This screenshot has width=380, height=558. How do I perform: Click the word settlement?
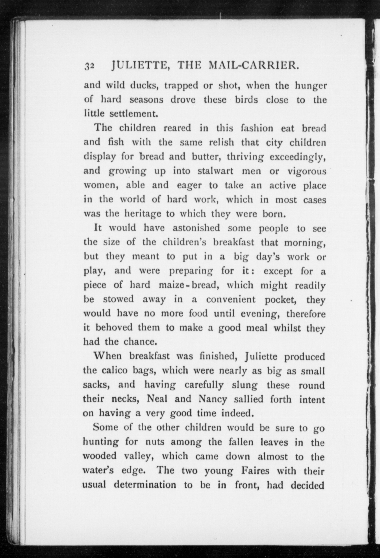pyautogui.click(x=134, y=114)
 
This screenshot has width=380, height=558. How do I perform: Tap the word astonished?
pyautogui.click(x=196, y=227)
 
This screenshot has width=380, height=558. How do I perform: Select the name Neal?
pyautogui.click(x=157, y=399)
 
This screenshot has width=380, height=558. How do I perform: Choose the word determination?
pyautogui.click(x=145, y=484)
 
